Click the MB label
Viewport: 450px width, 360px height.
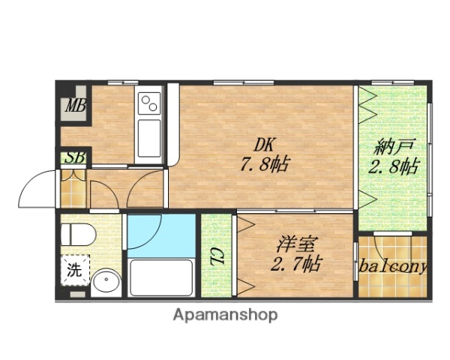coord(74,106)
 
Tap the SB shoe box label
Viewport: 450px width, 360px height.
coord(73,157)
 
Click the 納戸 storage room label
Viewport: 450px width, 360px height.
coord(391,148)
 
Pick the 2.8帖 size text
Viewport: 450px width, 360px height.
coord(391,167)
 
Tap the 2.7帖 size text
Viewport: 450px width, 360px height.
coord(295,263)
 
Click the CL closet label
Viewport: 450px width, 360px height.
coord(216,256)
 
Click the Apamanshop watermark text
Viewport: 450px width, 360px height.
coord(225,315)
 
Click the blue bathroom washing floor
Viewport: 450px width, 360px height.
coord(160,233)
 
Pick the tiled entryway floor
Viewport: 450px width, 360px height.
coord(72,190)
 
